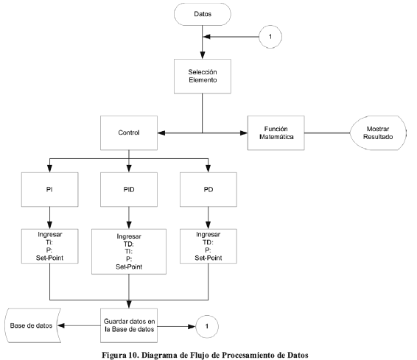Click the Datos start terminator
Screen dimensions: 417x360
coord(203,14)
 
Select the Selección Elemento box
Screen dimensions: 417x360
coord(203,77)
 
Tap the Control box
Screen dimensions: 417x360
coord(129,133)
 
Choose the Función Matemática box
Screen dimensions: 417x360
coord(276,133)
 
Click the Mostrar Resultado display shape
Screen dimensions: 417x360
coord(378,133)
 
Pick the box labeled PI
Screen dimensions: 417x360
coord(50,189)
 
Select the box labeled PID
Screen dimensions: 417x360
coord(129,189)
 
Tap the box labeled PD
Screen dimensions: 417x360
coord(208,189)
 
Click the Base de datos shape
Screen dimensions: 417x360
coord(32,325)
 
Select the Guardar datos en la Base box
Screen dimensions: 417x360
coord(129,325)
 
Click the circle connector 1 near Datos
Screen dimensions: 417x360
coord(270,37)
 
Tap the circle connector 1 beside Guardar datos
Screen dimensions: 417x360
coord(207,327)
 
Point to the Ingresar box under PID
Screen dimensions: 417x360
coord(129,252)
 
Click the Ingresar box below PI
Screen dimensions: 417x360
coord(50,246)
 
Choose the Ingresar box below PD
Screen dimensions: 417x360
coord(208,246)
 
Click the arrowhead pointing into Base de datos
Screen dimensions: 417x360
coord(61,325)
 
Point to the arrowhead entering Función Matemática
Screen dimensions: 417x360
coord(244,133)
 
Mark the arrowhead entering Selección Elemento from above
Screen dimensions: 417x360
coord(203,55)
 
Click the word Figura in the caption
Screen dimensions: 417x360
coord(114,356)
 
